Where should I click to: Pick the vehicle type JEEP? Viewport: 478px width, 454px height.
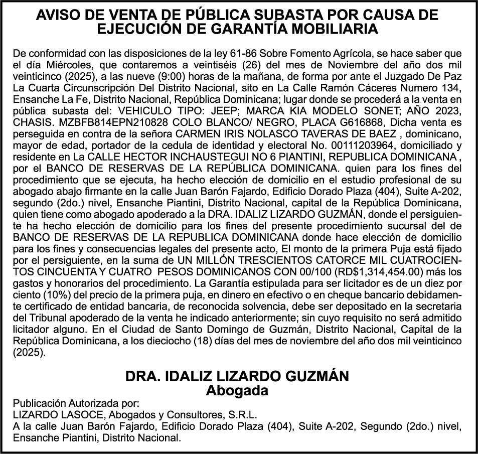249,109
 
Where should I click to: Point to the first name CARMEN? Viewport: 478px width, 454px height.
194,131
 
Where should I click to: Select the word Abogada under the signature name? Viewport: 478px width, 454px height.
238,390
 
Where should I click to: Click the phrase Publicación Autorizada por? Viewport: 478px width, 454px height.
75,404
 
